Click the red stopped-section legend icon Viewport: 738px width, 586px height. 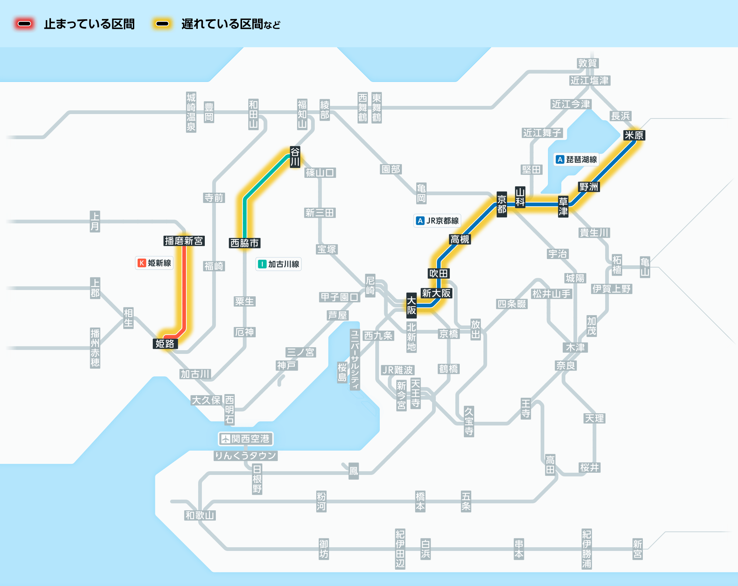(24, 24)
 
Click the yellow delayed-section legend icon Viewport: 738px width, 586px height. (162, 24)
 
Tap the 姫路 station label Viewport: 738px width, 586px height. (165, 344)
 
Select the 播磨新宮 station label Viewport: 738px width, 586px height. (184, 241)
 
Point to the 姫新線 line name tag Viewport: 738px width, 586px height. (154, 263)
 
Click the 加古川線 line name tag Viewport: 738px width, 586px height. (279, 264)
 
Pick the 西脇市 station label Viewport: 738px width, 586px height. (244, 243)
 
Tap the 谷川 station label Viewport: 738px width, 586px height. (295, 157)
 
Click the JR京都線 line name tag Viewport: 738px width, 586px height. (437, 221)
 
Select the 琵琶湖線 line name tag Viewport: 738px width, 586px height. (577, 159)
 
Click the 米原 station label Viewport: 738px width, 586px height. (634, 135)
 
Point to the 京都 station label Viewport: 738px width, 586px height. (501, 204)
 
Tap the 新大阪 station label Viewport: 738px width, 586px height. (436, 293)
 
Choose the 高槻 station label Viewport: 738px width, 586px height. (460, 239)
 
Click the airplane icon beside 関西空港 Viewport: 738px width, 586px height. (225, 439)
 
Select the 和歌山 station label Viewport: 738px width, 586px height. (200, 515)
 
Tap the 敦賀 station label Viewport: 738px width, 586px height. (587, 63)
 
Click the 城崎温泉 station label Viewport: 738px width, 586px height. (191, 112)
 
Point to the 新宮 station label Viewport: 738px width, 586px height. (638, 549)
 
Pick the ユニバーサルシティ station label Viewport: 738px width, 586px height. (355, 360)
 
